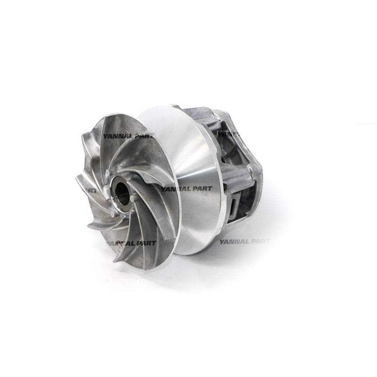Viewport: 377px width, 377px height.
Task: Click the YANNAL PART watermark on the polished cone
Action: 186,188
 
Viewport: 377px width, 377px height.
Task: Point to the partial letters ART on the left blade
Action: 90,190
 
